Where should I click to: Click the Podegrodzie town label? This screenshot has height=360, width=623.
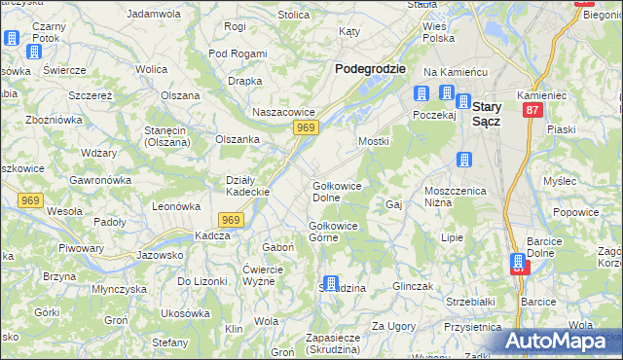point(370,69)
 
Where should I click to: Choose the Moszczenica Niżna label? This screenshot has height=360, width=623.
point(455,197)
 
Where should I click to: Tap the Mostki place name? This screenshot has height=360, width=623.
point(374,141)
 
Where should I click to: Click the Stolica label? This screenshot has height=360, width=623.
point(293,15)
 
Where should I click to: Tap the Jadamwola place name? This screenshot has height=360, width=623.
point(156,14)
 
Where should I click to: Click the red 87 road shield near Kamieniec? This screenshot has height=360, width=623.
point(532,111)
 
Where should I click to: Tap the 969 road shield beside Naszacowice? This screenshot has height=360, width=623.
point(307,128)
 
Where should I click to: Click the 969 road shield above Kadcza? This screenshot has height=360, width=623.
point(230,220)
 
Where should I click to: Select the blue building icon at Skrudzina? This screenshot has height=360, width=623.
point(330,284)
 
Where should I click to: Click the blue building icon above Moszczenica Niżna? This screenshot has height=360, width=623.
point(465,160)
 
